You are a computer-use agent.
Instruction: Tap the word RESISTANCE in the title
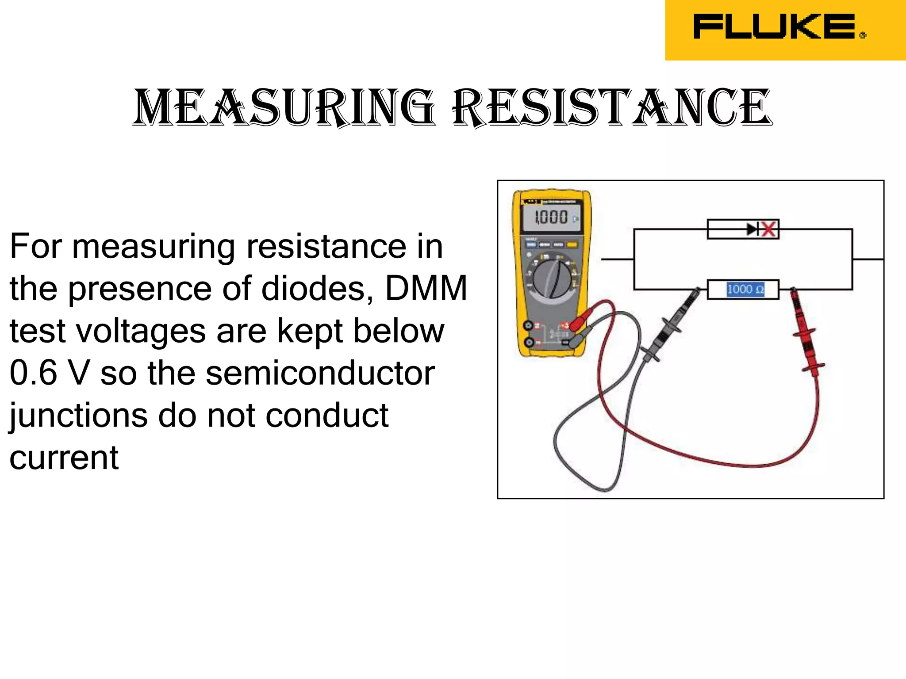612,107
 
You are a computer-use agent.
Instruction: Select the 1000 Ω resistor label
745,290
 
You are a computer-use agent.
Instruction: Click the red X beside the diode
769,229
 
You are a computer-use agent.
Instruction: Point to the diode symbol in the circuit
752,229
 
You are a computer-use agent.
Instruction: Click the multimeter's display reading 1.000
551,217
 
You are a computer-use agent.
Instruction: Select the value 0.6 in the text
34,373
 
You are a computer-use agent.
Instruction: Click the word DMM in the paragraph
426,288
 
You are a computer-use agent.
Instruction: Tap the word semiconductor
320,373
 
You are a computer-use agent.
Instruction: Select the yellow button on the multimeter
572,244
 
